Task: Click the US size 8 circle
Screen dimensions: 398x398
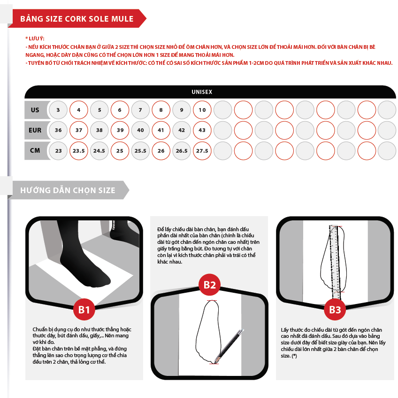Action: pos(161,110)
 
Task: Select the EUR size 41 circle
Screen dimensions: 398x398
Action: pos(161,130)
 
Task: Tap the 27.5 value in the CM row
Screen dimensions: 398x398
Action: pos(202,151)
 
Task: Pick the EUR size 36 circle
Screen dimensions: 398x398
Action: pos(58,130)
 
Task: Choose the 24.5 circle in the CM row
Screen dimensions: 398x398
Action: pos(99,151)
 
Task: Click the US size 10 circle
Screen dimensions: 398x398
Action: pos(202,110)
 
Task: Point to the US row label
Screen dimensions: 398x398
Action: pos(35,110)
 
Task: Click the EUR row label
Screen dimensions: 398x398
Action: pos(35,130)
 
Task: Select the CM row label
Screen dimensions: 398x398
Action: pos(35,150)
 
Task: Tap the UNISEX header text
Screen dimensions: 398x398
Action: pos(202,92)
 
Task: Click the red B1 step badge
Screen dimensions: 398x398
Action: pos(84,310)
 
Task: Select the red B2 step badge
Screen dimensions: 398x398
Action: pos(210,285)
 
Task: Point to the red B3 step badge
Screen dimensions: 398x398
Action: pos(335,310)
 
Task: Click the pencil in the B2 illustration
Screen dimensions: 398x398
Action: pos(230,346)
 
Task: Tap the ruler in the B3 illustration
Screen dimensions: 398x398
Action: pos(335,262)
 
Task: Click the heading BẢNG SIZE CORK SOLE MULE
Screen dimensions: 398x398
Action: pos(77,19)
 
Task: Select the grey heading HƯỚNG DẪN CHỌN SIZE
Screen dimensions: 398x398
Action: pos(68,190)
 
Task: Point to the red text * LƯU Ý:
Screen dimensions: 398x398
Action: pos(35,39)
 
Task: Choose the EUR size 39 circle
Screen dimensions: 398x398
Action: pos(120,130)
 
